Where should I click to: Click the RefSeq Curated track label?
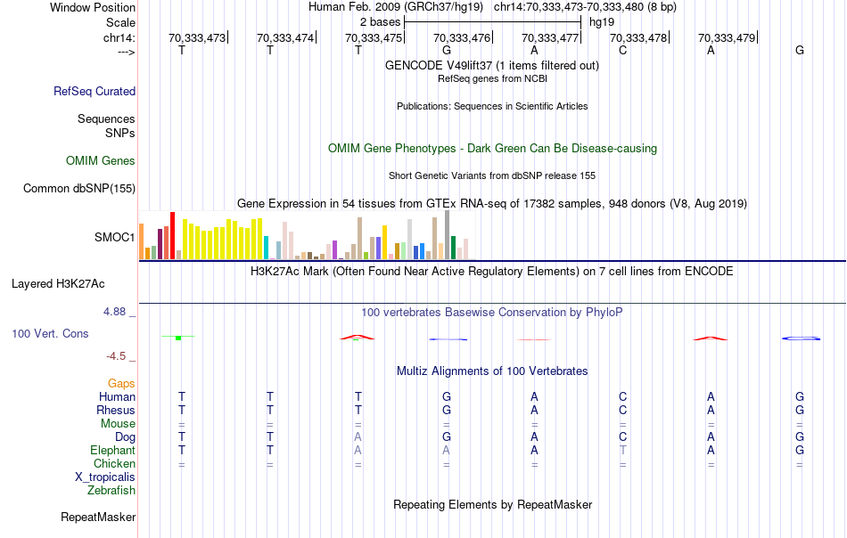[x=95, y=91]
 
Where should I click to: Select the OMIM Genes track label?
[x=101, y=161]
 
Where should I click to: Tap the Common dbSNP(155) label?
[x=79, y=188]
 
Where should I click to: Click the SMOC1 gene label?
[x=115, y=238]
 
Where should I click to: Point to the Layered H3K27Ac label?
[x=58, y=284]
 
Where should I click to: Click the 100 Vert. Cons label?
[x=50, y=334]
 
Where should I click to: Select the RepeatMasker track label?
[x=98, y=518]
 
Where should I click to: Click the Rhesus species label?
[x=116, y=411]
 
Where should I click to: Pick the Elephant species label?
[x=112, y=451]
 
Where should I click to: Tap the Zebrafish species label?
[x=111, y=491]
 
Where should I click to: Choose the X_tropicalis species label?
[x=105, y=477]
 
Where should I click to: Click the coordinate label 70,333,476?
[x=462, y=37]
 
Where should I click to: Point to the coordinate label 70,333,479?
[x=727, y=37]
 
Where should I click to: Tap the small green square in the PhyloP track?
[x=178, y=338]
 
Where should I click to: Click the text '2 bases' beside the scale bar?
[x=380, y=21]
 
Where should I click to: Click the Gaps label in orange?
[x=122, y=384]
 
